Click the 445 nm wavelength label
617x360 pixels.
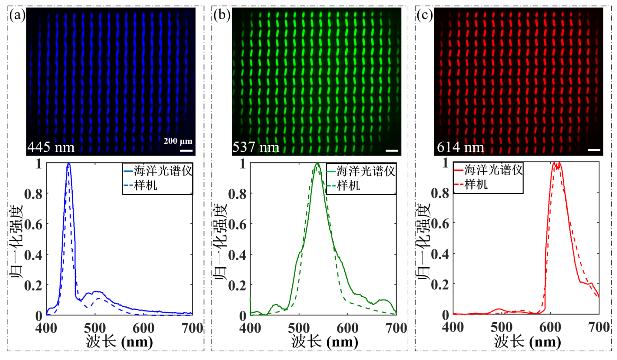pos(51,147)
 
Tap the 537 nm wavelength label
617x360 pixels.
pos(256,147)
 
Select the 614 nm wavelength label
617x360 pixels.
pos(460,147)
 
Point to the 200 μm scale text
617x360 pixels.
pos(178,141)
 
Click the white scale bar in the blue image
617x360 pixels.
pos(187,150)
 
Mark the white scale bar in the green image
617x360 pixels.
pos(392,150)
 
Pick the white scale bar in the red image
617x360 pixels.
pos(594,150)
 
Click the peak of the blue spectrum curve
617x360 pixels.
pos(69,164)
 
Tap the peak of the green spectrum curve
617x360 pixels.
pos(317,164)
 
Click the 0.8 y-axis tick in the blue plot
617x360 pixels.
pos(33,194)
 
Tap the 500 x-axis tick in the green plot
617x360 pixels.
pos(299,328)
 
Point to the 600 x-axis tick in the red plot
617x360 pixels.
pos(550,327)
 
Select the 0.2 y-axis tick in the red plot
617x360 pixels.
pos(440,285)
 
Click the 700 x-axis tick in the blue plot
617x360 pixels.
pos(192,328)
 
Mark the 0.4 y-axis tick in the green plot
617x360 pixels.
pos(237,255)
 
